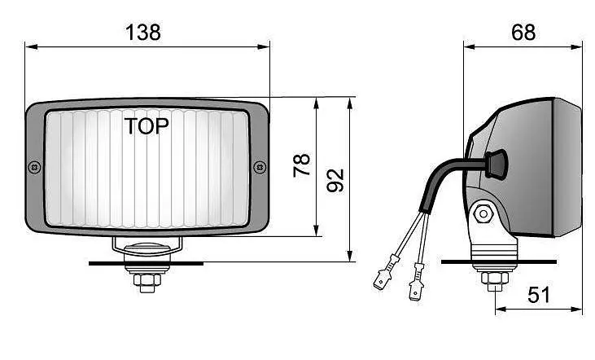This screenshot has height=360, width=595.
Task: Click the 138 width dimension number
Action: click(143, 33)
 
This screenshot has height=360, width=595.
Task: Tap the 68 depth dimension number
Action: click(523, 33)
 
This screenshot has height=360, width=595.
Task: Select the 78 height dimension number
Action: click(302, 165)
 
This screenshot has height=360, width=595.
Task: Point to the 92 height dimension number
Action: click(335, 180)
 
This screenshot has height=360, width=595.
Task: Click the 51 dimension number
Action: click(539, 295)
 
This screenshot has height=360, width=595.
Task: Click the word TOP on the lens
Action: click(147, 126)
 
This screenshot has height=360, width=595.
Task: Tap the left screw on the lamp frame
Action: click(34, 167)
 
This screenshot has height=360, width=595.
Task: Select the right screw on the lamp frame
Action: click(260, 167)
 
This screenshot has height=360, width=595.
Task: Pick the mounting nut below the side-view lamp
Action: click(495, 279)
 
